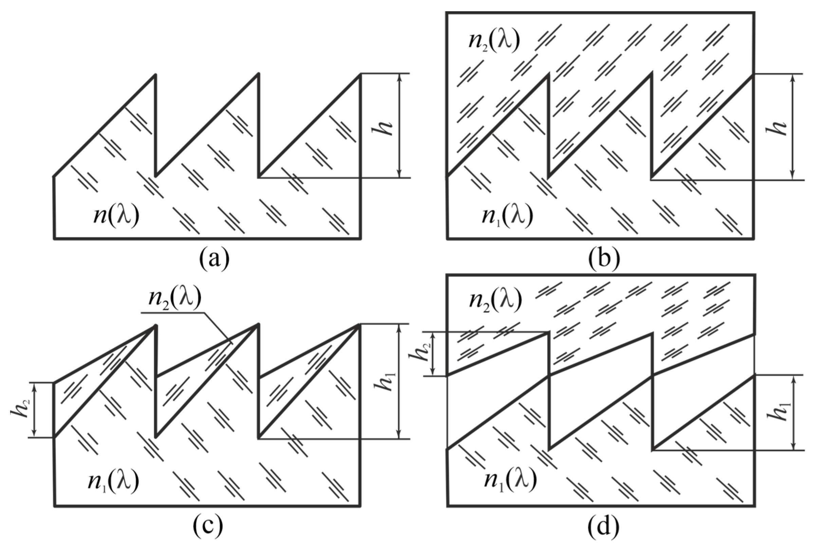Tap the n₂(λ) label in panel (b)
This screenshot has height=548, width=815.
tap(494, 41)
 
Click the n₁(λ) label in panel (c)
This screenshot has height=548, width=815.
tap(113, 481)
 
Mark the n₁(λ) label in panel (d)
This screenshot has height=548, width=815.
tap(510, 481)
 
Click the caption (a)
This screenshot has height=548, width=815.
tap(214, 259)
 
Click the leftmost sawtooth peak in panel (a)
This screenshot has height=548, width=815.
tap(154, 75)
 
